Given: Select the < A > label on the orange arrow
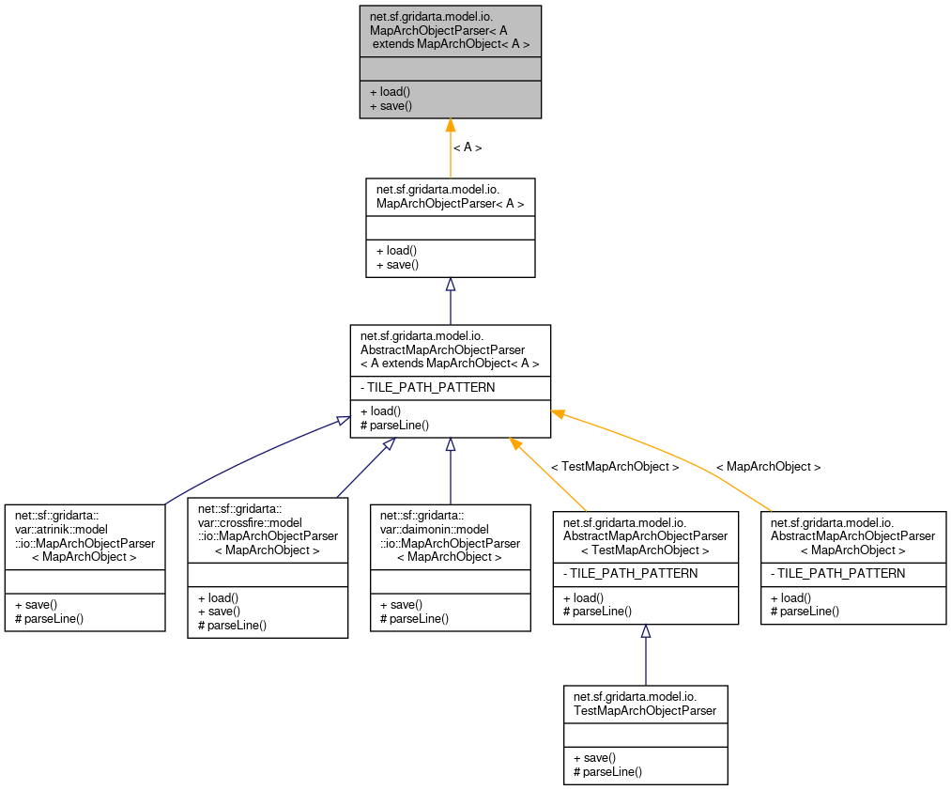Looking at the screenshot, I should pos(468,147).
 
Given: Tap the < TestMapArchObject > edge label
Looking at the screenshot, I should pos(614,467).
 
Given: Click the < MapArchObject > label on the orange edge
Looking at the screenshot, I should pos(768,467).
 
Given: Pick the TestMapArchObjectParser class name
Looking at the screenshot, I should pos(645,704).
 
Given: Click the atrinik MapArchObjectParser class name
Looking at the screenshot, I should pos(85,535).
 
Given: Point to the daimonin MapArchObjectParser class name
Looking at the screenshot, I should pos(450,535).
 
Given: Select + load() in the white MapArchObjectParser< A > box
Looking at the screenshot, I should pos(396,251).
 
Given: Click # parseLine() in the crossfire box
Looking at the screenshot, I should pos(232,625).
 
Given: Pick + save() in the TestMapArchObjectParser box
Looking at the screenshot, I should pos(594,757).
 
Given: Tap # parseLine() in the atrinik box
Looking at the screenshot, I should pos(50,618).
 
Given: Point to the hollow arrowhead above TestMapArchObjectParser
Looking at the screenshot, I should pos(646,632).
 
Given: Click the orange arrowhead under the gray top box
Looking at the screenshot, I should pos(451,126).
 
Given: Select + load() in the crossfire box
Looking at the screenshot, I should pos(218,597).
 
